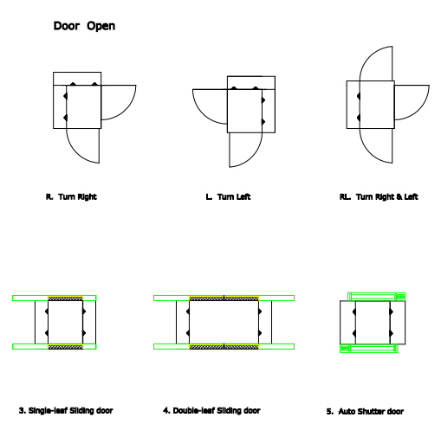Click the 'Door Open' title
click(x=84, y=26)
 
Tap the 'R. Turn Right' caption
click(x=71, y=197)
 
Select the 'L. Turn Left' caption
click(x=228, y=197)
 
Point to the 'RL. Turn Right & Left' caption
click(x=379, y=197)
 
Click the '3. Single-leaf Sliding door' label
click(x=66, y=411)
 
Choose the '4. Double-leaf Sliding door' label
click(x=211, y=411)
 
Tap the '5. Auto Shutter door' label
click(x=365, y=411)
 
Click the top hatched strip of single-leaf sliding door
click(x=65, y=299)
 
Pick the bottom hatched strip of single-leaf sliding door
click(x=65, y=347)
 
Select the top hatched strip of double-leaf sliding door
click(x=224, y=299)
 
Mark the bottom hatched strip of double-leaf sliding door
click(x=224, y=347)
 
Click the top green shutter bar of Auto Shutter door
click(x=376, y=297)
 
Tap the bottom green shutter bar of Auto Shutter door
click(x=369, y=349)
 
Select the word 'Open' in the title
click(x=101, y=27)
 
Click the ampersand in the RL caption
click(x=399, y=197)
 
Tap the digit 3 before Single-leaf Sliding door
click(x=22, y=411)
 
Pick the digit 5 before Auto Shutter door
click(x=329, y=412)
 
